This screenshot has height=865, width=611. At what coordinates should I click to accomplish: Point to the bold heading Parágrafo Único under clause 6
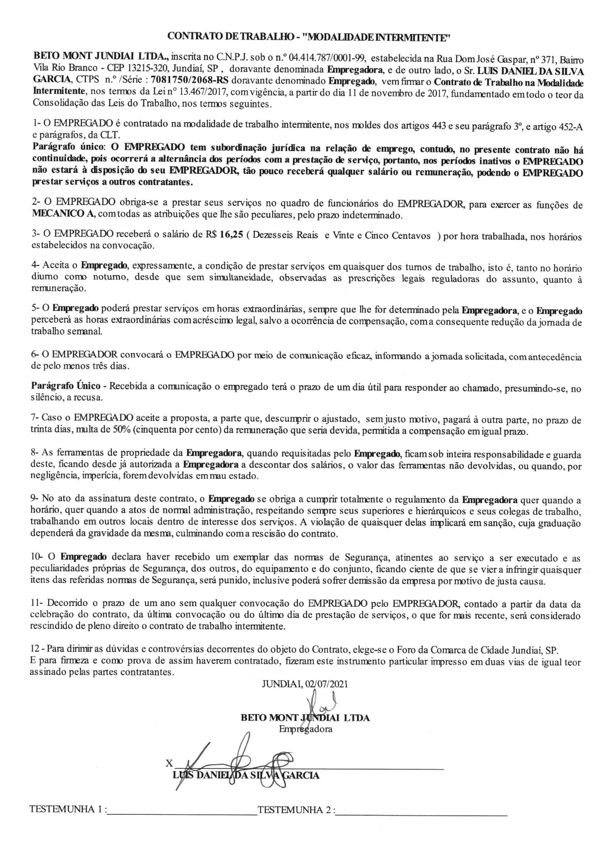point(65,387)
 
